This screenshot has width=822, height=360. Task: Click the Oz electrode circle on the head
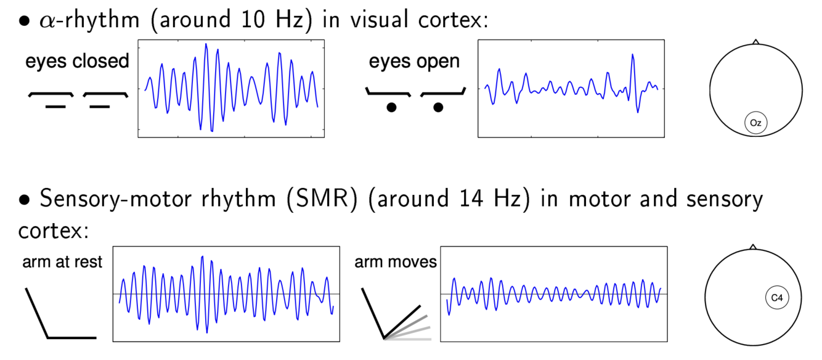coord(756,123)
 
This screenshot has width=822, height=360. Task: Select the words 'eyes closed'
coord(77,61)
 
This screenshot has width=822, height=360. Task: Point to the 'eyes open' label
coord(414,61)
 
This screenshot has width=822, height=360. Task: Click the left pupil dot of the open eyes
coord(391,108)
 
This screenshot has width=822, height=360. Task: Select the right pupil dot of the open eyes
coord(437,108)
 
